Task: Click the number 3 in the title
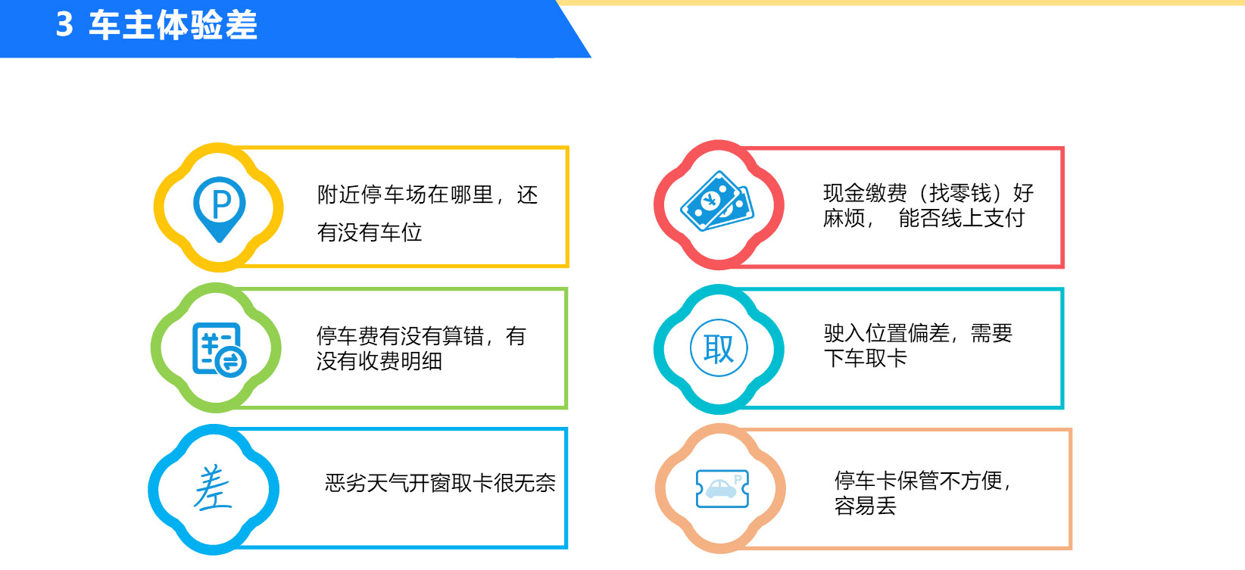(64, 24)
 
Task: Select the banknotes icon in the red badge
(717, 201)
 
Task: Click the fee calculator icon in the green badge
(218, 350)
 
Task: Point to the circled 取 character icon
(719, 348)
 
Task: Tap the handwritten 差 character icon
(213, 487)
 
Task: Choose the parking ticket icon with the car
(722, 488)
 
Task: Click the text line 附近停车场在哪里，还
(427, 195)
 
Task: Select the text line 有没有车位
(370, 232)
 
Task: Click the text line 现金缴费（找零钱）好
(928, 193)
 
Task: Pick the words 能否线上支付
(962, 218)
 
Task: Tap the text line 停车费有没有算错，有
(421, 336)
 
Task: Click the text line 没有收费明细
(379, 361)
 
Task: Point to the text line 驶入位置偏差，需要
(918, 333)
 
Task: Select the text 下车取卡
(866, 358)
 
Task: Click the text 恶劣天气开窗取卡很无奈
(440, 483)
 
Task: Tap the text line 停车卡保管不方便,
(922, 481)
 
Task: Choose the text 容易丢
(866, 506)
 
